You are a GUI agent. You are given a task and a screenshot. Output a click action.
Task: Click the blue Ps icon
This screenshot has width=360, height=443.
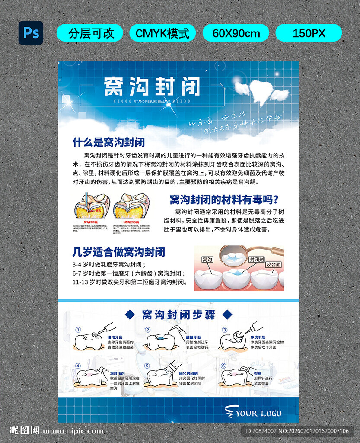tap(31, 33)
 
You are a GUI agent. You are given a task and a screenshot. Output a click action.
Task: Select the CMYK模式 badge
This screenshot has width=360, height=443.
tap(162, 33)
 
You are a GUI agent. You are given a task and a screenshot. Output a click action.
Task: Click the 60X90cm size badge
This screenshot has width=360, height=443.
tap(236, 33)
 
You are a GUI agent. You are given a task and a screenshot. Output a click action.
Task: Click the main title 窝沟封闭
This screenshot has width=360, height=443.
tap(152, 87)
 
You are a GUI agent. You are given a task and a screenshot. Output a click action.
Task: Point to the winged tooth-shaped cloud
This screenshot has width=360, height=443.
tap(261, 91)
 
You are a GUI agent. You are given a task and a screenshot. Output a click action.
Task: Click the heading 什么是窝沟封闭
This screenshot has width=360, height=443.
tap(108, 142)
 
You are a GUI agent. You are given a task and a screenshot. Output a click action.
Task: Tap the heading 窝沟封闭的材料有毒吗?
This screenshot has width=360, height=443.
tap(224, 199)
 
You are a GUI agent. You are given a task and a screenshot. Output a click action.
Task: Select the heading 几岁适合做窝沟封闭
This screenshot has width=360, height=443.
tap(119, 252)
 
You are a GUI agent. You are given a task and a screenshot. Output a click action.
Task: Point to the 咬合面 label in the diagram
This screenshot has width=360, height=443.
tap(274, 264)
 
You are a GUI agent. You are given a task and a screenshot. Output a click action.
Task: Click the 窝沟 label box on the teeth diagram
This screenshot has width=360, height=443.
tap(207, 260)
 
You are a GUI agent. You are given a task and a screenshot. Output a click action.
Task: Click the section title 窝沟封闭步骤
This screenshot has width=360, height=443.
tap(178, 315)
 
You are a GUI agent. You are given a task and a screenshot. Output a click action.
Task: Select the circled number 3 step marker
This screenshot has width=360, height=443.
tap(224, 330)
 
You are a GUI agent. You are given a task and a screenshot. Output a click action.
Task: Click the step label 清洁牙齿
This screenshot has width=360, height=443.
tap(115, 337)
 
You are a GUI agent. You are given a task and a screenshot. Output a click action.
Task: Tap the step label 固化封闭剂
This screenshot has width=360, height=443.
tap(188, 373)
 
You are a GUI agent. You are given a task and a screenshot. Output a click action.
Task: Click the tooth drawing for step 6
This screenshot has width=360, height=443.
tap(234, 377)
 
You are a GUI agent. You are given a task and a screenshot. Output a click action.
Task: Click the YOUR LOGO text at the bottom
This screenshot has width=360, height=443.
tap(258, 413)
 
